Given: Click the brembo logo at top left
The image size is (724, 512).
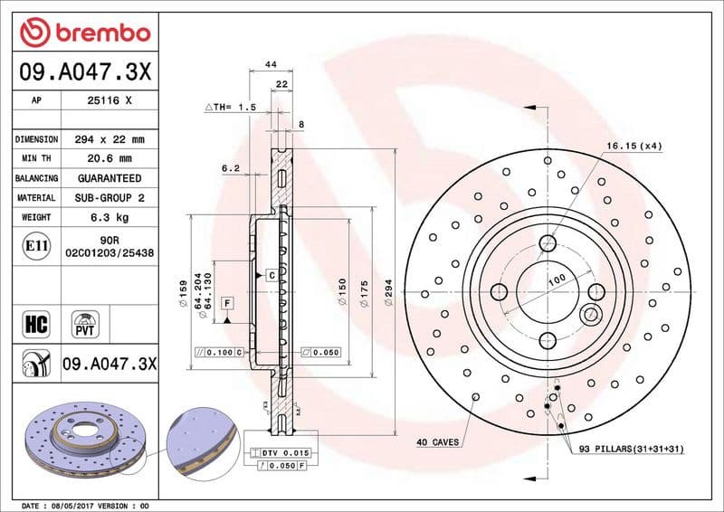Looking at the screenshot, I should click(83, 33).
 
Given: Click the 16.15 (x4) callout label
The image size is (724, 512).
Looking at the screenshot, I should click(633, 146).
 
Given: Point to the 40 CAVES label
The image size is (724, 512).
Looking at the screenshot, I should click(437, 442).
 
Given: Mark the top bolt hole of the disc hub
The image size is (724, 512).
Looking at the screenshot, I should click(548, 242).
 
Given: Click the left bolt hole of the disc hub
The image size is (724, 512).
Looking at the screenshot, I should click(499, 291).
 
